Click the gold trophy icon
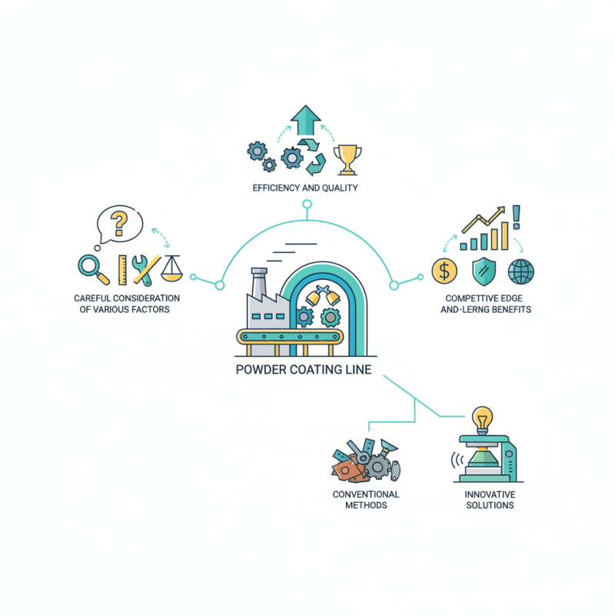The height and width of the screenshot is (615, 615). (x=347, y=160)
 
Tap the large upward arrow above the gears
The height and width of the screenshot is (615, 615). (x=305, y=120)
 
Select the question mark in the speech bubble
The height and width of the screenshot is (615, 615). (x=119, y=223)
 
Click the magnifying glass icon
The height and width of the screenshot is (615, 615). (x=93, y=268)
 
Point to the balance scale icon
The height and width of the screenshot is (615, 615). (x=172, y=268)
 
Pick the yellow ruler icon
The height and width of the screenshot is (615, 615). (x=122, y=270)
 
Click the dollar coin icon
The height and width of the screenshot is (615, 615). (x=444, y=271)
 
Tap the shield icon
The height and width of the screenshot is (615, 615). (x=484, y=271)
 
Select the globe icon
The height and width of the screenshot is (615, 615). (x=521, y=271)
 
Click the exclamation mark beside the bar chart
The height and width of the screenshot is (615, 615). (x=516, y=217)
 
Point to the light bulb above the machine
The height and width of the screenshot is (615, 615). (x=482, y=420)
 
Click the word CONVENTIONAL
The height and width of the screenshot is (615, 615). (x=366, y=494)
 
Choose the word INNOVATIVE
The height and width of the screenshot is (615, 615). (x=490, y=494)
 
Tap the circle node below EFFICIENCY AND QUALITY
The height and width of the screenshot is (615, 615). (x=307, y=204)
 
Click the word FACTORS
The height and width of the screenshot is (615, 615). (x=151, y=310)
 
